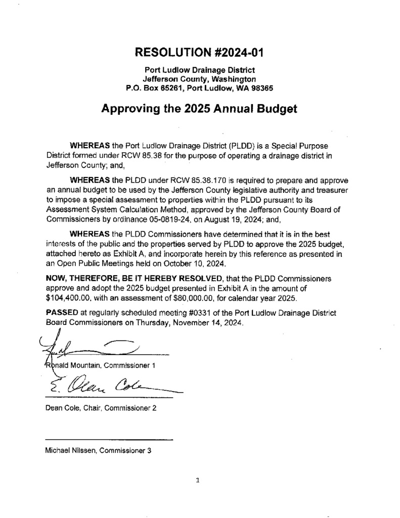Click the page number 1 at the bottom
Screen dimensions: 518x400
[x=198, y=481]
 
